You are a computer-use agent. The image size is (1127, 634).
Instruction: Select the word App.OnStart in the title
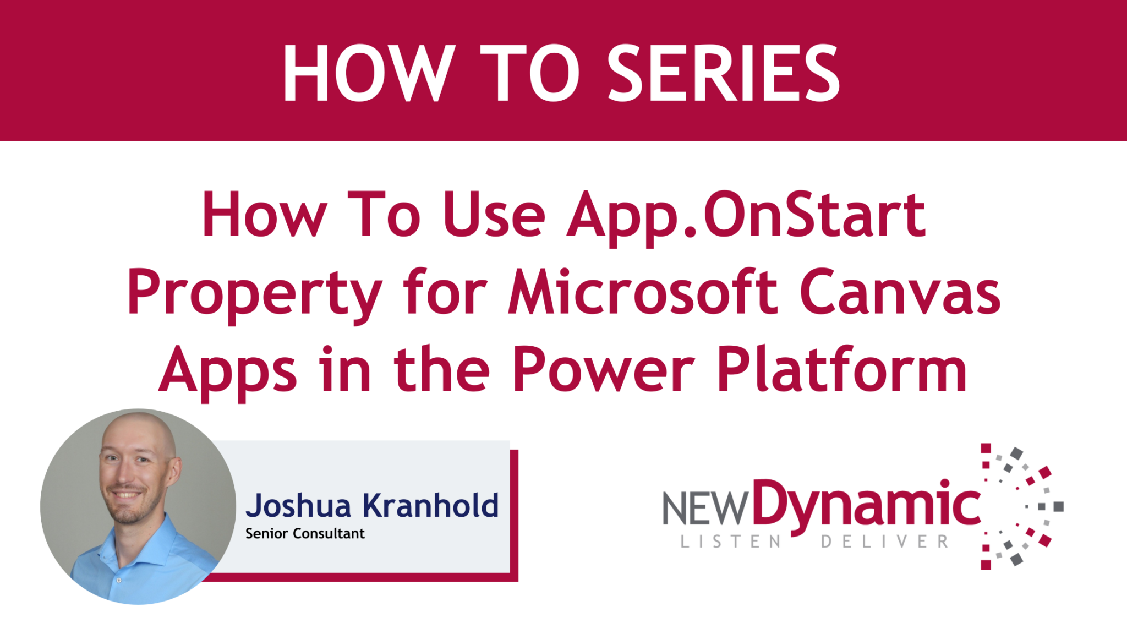click(746, 216)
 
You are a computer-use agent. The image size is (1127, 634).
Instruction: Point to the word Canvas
click(900, 292)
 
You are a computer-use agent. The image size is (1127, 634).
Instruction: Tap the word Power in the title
click(604, 370)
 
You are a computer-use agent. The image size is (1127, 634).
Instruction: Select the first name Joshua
click(298, 506)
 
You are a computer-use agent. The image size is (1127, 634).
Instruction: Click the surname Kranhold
click(431, 505)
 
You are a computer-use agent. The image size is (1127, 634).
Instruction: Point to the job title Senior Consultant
click(305, 534)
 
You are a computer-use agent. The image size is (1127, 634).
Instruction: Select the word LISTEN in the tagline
click(731, 542)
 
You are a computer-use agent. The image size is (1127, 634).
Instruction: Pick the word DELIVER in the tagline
click(885, 542)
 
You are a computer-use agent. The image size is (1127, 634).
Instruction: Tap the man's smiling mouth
click(127, 495)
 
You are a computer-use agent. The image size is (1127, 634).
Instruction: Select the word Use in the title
click(494, 215)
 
